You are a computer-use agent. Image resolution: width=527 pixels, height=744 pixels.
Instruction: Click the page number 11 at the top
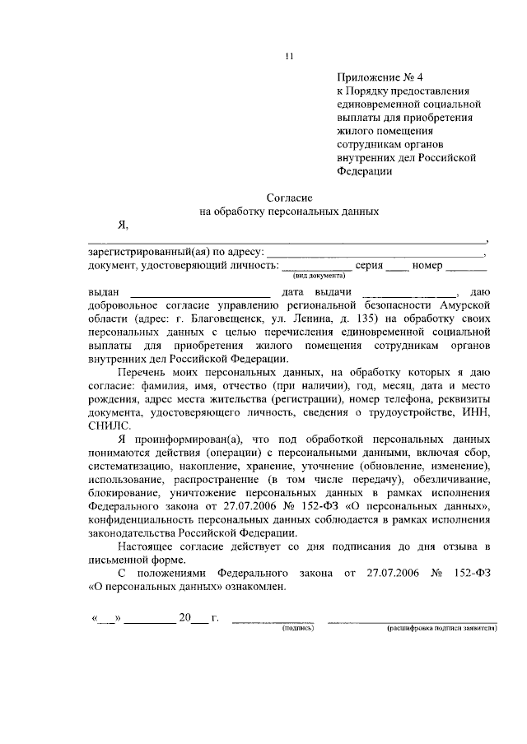(287, 56)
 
